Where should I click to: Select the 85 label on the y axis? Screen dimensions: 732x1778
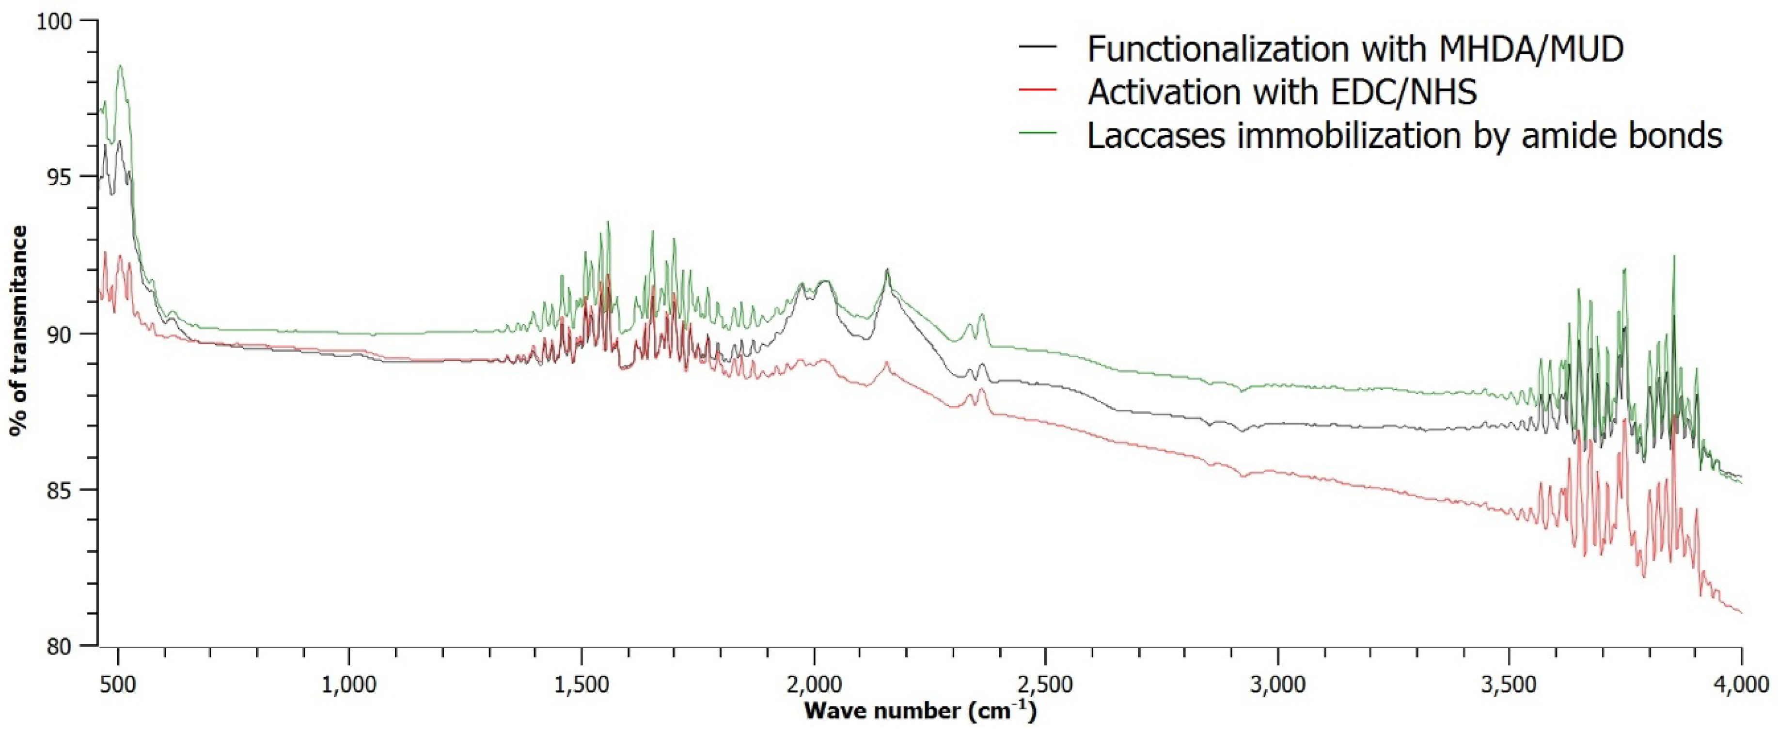(61, 490)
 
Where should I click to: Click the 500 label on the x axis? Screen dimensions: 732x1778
(118, 685)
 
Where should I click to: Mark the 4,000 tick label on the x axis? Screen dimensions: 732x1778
(1741, 685)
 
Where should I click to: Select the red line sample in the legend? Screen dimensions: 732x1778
(1038, 91)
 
